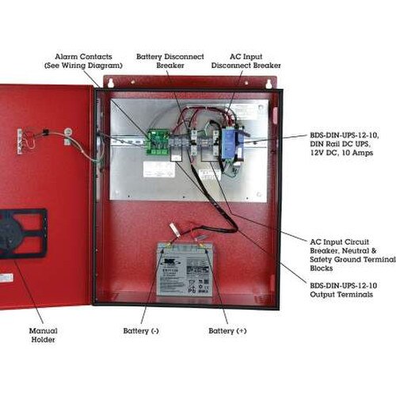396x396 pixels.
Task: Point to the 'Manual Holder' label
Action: (43, 334)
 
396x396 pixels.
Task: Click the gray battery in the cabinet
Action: (183, 269)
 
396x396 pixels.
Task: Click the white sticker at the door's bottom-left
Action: (6, 278)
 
